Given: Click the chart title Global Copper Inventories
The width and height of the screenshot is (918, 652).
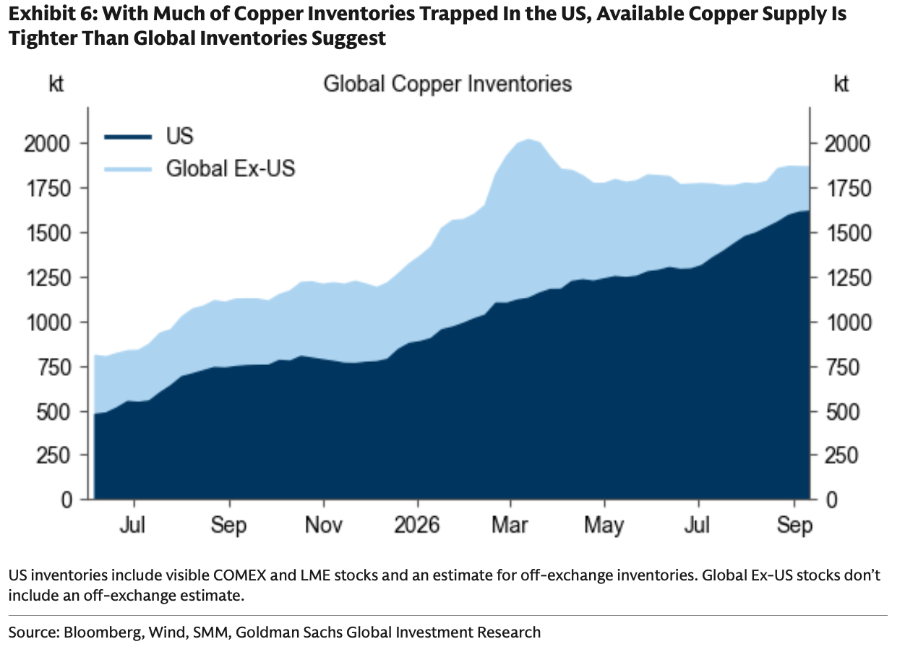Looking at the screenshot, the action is pos(447,85).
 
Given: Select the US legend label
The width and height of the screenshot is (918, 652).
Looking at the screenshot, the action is pos(179,136).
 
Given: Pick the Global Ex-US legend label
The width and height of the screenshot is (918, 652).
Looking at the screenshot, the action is pos(231,168).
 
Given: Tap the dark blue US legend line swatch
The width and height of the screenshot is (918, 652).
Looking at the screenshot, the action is pos(128,137).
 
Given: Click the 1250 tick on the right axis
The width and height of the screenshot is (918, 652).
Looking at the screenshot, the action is pos(848,278).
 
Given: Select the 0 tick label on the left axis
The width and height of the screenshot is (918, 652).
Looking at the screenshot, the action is pos(67,500).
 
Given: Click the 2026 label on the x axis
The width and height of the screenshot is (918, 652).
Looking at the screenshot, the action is pos(417,525).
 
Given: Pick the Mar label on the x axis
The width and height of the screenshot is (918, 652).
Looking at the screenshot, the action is pos(510,525).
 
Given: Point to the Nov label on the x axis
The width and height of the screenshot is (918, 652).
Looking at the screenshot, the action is pos(324,525).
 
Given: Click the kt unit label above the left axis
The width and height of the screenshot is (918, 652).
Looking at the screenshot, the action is pos(56,84).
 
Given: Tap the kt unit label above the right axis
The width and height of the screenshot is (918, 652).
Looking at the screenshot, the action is pos(841,84).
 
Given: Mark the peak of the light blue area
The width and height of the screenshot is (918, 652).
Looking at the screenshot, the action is pos(528,140).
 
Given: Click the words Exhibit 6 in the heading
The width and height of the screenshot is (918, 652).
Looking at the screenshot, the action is pos(52,14).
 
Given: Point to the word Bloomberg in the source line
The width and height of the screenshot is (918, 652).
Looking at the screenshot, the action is pos(102,632).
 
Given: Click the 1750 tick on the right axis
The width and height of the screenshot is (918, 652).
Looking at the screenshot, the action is pos(848,189).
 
